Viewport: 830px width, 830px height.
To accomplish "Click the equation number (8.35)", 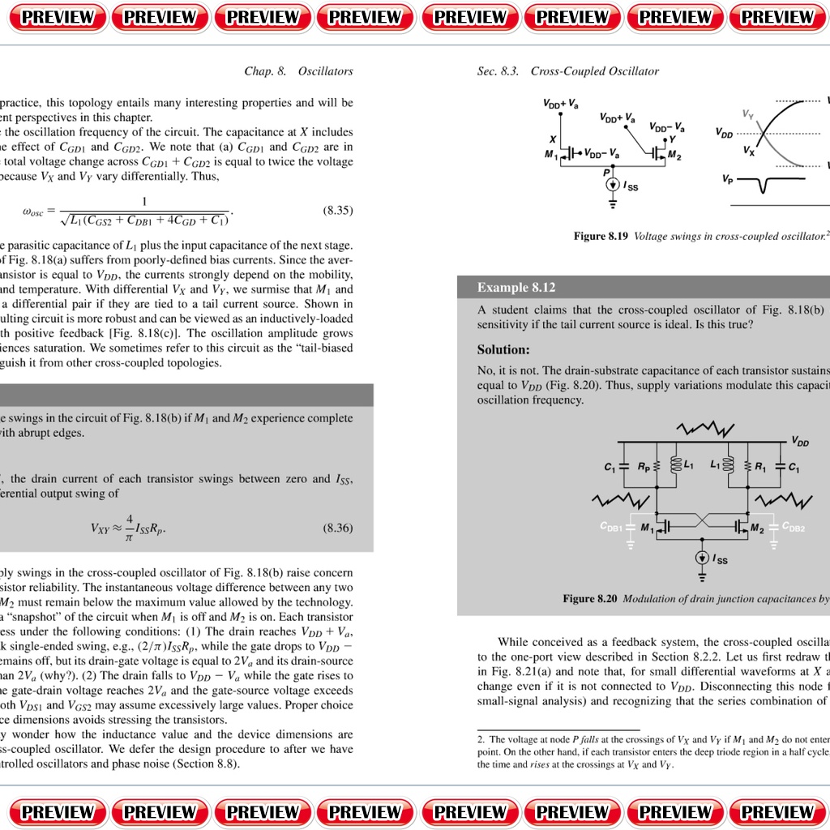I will coord(338,211).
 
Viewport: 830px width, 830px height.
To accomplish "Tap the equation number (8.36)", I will coord(338,528).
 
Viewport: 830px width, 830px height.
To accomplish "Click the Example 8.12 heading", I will coord(516,288).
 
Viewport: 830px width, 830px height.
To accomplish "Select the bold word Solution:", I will coord(503,350).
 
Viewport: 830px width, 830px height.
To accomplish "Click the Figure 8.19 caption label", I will coord(601,236).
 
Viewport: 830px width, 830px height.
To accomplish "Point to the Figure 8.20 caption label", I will coord(590,599).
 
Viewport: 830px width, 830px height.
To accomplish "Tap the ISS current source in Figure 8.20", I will coord(702,558).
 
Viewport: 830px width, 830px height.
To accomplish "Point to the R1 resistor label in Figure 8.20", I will coord(759,467).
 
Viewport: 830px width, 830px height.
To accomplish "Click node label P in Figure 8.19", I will coord(606,171).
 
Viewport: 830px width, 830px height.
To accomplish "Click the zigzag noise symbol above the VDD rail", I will coord(705,427).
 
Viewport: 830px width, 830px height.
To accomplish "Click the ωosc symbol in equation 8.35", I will coord(37,212).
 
